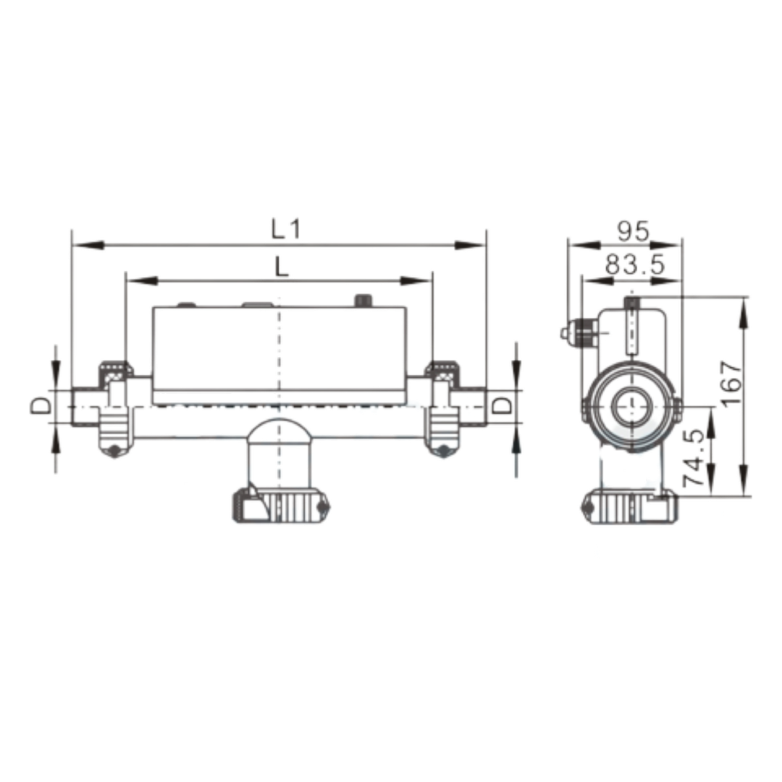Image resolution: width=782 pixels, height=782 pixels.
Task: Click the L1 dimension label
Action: tap(286, 230)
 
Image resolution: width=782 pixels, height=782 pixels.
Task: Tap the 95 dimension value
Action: tap(634, 231)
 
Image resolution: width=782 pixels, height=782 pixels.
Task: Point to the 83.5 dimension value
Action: tap(635, 264)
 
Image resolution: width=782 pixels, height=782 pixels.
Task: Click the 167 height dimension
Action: tap(732, 382)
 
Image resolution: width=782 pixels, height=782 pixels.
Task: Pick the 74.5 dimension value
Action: tap(694, 457)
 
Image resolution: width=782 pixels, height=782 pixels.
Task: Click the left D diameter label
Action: tap(41, 405)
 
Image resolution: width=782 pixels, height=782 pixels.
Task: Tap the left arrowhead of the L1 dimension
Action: tap(88, 245)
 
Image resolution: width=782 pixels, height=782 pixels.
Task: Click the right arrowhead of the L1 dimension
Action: tap(469, 245)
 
